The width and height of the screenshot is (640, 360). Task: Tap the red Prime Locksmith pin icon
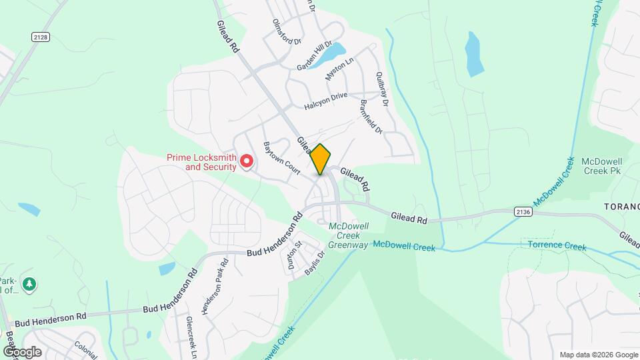click(247, 161)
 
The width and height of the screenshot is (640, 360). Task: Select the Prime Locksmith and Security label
click(201, 162)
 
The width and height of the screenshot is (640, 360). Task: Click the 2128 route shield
click(40, 38)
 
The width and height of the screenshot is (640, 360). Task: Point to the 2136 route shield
click(523, 211)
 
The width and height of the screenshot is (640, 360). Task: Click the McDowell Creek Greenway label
click(349, 236)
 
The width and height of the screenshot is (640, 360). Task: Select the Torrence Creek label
click(557, 247)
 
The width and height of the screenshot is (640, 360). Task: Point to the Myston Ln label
click(339, 70)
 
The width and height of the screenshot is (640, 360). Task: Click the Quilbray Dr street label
click(381, 86)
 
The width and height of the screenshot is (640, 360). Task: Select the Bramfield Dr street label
click(371, 117)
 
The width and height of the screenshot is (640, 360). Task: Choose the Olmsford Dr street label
click(287, 31)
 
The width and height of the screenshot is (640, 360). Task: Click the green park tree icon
click(29, 285)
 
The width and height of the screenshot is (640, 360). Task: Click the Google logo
click(22, 351)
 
